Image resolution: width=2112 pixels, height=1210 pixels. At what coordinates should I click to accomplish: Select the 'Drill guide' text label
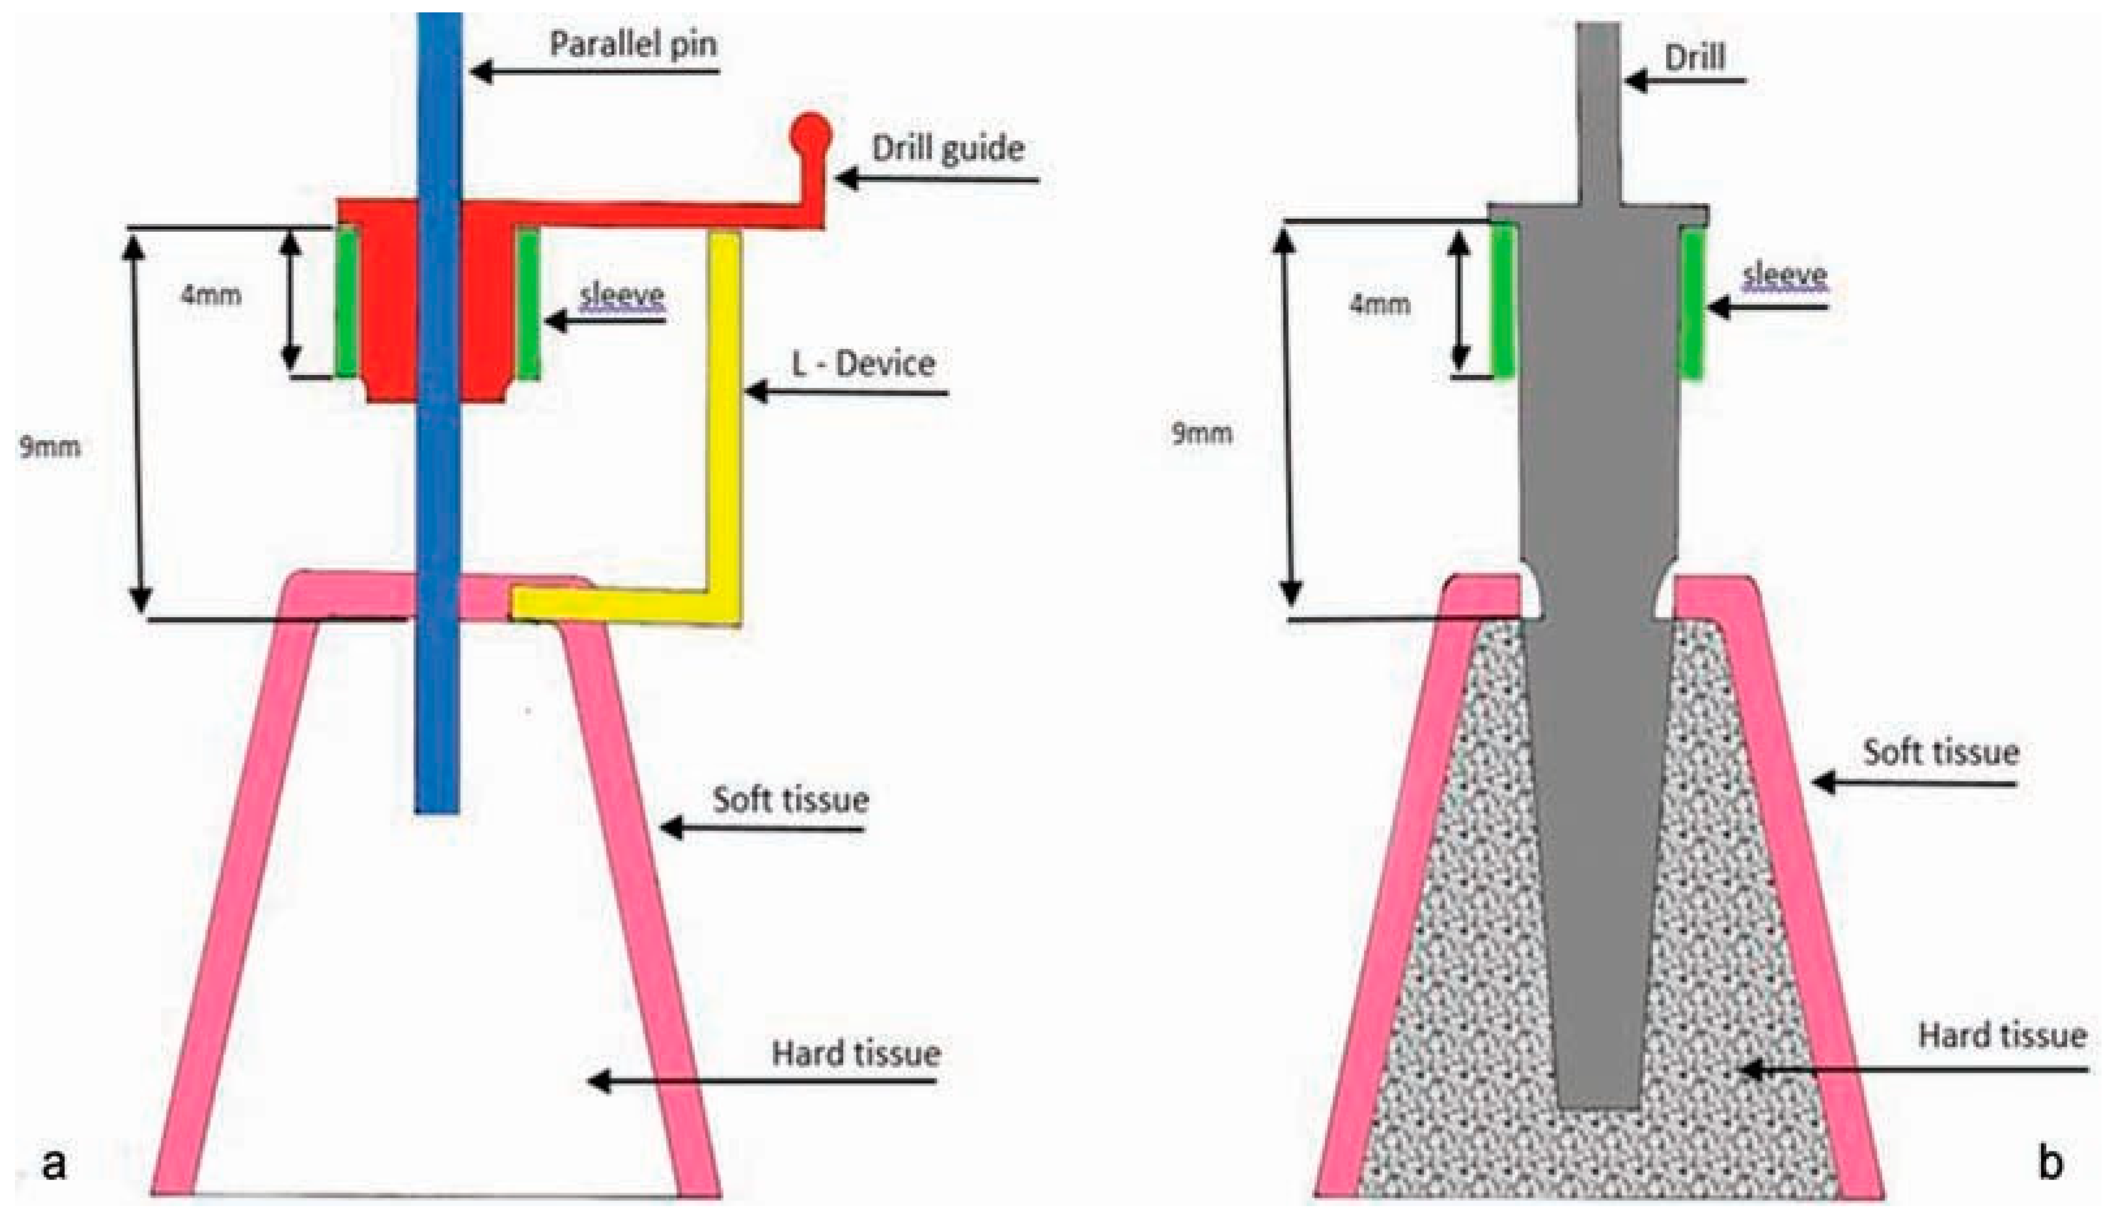pyautogui.click(x=947, y=149)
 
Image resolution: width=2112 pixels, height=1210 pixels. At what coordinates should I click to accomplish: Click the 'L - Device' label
pyautogui.click(x=863, y=364)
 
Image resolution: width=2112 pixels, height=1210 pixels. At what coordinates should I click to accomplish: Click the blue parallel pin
pyautogui.click(x=438, y=499)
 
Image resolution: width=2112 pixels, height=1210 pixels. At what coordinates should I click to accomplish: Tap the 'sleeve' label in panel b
pyautogui.click(x=1785, y=275)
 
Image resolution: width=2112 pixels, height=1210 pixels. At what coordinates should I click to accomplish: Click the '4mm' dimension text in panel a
pyautogui.click(x=211, y=295)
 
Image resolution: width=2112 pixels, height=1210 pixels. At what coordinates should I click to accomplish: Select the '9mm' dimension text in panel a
pyautogui.click(x=50, y=447)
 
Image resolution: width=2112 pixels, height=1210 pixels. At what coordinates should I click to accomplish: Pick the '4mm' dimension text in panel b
pyautogui.click(x=1380, y=304)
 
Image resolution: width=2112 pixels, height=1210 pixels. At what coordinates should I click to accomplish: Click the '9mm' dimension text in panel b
pyautogui.click(x=1202, y=433)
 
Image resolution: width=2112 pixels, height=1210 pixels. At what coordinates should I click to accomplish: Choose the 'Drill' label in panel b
pyautogui.click(x=1695, y=57)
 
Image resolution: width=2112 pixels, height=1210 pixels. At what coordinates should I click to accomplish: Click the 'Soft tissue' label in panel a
pyautogui.click(x=790, y=799)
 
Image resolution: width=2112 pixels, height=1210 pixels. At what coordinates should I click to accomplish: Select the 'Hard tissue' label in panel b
pyautogui.click(x=2002, y=1036)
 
